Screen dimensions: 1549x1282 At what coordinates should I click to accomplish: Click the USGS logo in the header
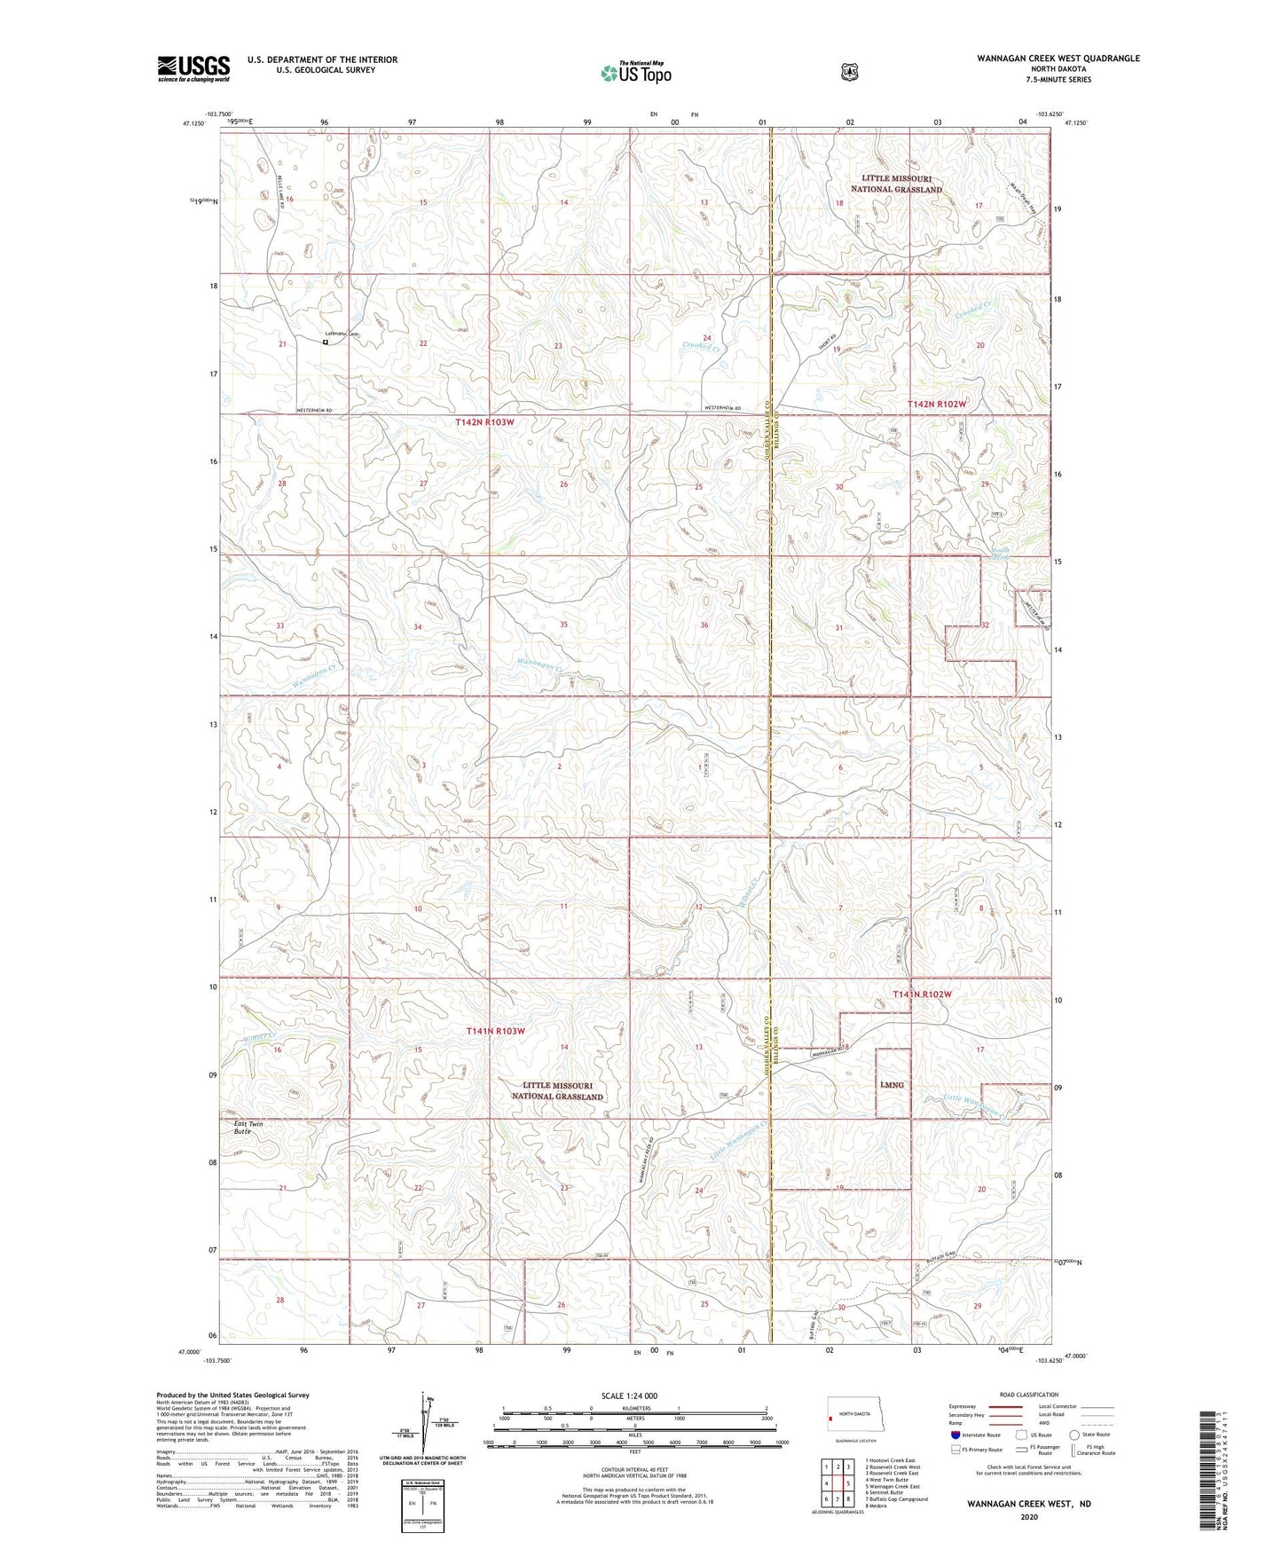tap(193, 68)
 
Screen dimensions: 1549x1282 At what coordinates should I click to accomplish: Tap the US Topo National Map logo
tap(635, 73)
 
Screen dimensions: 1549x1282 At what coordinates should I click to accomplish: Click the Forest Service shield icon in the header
tap(849, 71)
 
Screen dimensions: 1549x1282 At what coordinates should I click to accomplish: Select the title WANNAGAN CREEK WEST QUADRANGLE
tap(1058, 59)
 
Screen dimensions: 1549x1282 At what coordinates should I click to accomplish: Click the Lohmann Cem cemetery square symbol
tap(326, 342)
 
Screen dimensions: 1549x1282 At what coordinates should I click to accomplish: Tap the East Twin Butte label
tap(248, 1128)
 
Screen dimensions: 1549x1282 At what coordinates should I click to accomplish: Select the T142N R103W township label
tap(484, 422)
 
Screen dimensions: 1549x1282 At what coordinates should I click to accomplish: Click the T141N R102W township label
tap(922, 995)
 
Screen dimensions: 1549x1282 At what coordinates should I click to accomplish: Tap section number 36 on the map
tap(704, 625)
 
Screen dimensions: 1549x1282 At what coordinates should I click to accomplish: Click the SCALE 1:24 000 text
tap(629, 1396)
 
